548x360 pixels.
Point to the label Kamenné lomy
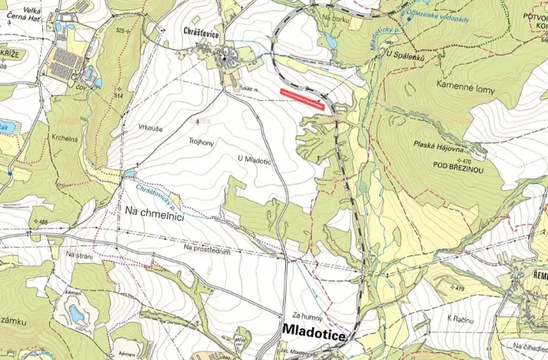[x=465, y=89]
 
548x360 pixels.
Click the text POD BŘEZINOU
[x=458, y=165]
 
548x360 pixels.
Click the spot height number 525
[x=120, y=31]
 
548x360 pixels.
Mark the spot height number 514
[x=119, y=95]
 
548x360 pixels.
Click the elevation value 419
[x=460, y=288]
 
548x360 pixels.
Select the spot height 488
[x=42, y=222]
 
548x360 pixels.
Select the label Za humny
[x=306, y=315]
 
